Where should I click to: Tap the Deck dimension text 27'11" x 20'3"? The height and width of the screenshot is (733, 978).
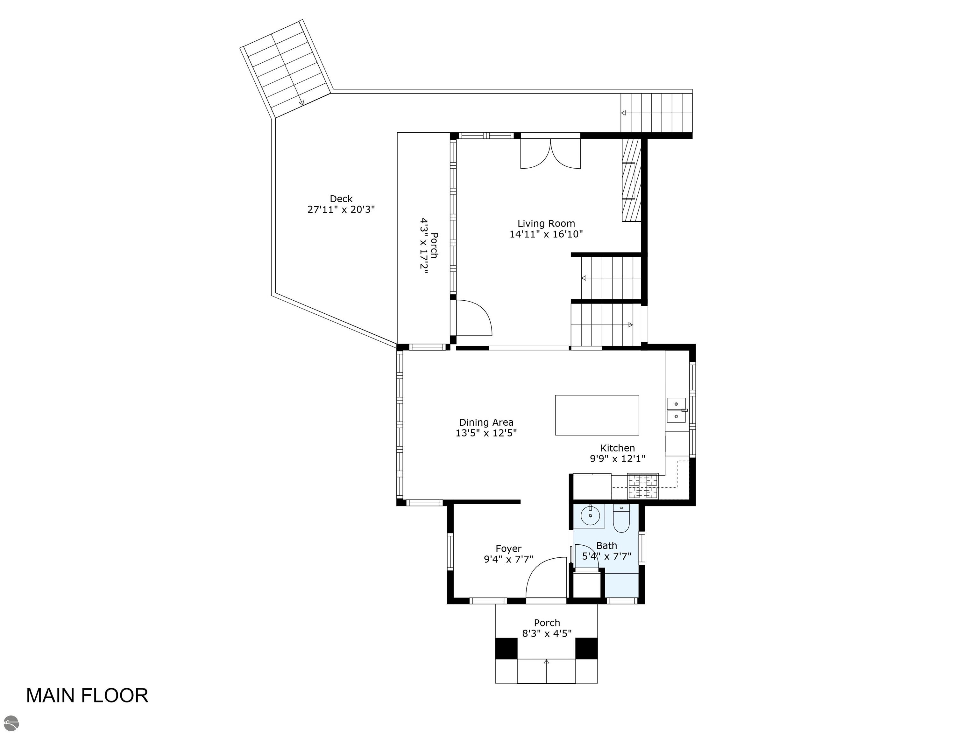341,209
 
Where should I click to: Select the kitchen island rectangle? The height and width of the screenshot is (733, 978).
597,415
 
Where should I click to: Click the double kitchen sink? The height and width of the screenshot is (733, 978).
676,410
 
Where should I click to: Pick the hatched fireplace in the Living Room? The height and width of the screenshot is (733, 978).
631,180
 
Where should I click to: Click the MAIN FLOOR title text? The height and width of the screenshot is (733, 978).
87,695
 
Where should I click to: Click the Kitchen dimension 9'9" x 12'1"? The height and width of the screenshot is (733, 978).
617,459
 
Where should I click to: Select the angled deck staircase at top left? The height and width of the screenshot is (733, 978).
286,68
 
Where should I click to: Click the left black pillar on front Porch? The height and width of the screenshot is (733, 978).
506,648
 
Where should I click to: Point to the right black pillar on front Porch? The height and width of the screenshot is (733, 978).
586,648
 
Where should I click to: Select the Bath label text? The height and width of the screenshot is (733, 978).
606,545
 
